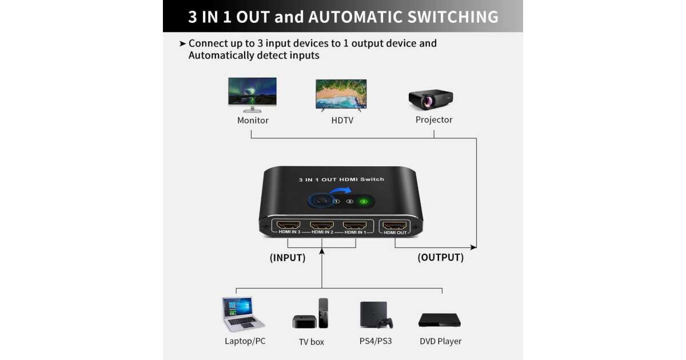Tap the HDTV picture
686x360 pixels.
341,94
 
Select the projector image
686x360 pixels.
430,99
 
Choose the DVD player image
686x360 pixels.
439,320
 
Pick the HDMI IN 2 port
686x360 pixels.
322,225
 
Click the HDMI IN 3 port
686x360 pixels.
290,225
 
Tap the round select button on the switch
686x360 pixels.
320,201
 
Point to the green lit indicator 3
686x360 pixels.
362,201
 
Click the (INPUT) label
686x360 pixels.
288,258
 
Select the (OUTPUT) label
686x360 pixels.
440,258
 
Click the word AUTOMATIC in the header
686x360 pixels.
354,17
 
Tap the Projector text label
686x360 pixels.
434,120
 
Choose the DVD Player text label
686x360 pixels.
440,341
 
